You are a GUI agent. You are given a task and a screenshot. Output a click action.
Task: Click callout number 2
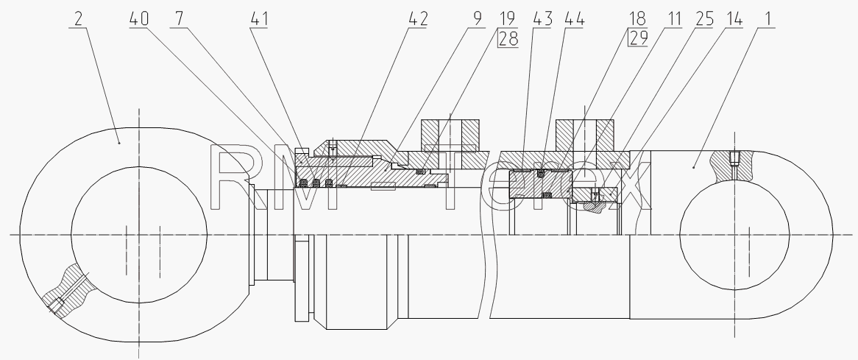point(78,18)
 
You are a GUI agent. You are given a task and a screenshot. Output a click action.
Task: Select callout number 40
point(139,18)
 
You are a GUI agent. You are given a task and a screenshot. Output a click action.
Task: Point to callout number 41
point(259,18)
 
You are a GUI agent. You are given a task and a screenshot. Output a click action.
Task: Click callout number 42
point(418,18)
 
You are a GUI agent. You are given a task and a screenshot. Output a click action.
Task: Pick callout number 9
point(477,18)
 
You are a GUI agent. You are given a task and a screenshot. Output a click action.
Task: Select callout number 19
point(507,18)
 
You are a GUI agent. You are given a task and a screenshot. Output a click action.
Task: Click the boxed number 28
point(508,38)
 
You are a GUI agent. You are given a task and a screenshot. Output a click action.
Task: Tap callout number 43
point(543,18)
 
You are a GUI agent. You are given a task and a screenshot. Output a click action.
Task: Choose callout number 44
point(575,18)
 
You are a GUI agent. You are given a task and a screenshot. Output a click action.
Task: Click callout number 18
point(637,18)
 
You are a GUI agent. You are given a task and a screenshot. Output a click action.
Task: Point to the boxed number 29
point(638,38)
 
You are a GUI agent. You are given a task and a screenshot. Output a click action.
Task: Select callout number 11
point(673,18)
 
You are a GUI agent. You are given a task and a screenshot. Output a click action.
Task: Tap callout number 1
point(767,18)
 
